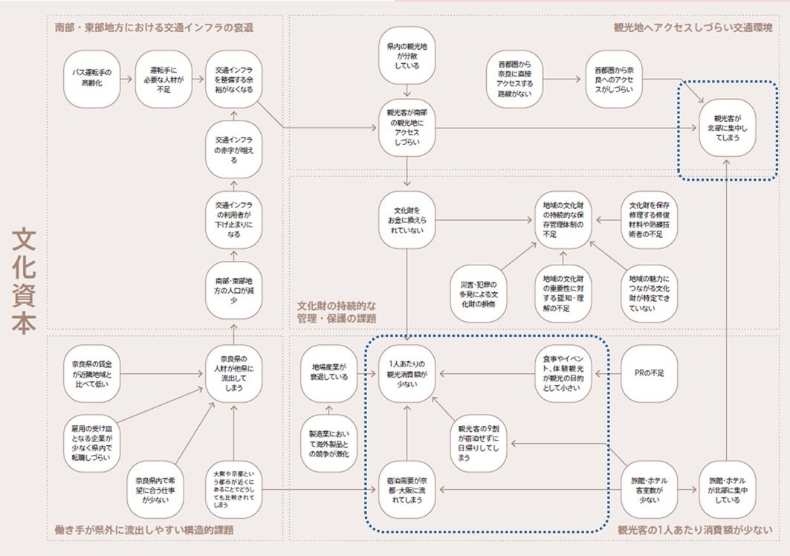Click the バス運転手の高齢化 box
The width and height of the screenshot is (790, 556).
coord(92,78)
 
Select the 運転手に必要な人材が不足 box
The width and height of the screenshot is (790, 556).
coord(162,78)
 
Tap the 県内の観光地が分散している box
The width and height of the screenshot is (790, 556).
coord(407,56)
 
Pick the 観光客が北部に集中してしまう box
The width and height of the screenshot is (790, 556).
coord(727,128)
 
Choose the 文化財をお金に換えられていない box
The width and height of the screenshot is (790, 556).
coord(407,220)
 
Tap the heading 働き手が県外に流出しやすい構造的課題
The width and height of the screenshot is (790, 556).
coord(146,529)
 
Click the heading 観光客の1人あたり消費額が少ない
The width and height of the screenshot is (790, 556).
coord(693,529)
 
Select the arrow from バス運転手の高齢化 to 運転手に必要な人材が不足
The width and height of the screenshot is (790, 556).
coord(127,78)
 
